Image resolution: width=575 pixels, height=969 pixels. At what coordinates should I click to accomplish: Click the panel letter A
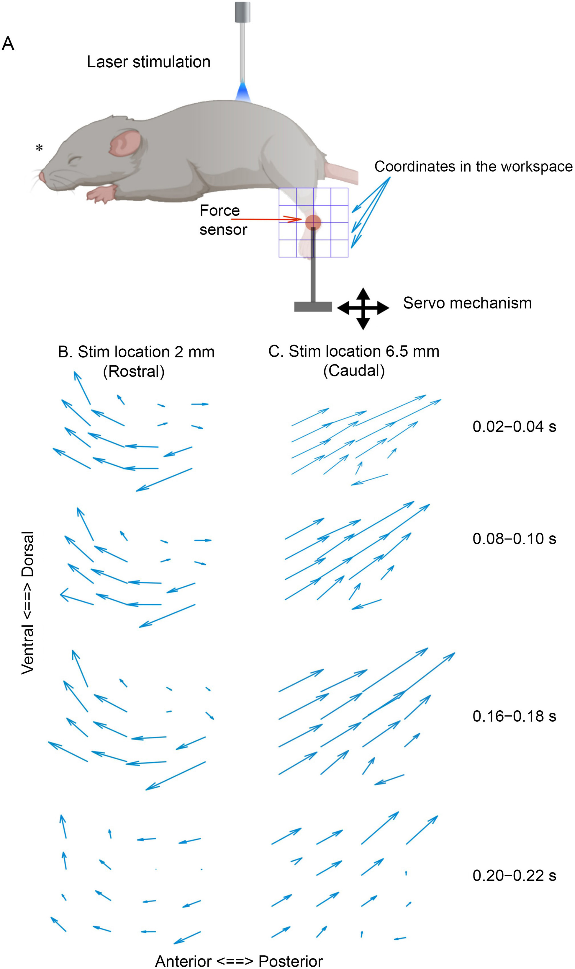pyautogui.click(x=8, y=43)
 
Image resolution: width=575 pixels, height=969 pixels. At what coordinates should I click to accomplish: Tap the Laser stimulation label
pyautogui.click(x=148, y=62)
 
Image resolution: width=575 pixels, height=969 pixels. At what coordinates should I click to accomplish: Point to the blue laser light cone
pyautogui.click(x=243, y=92)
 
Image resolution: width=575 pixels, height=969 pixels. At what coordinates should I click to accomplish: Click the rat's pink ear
pyautogui.click(x=125, y=143)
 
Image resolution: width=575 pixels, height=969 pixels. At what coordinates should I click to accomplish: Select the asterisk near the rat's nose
pyautogui.click(x=39, y=148)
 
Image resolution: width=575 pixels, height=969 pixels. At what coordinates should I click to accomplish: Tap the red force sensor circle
pyautogui.click(x=313, y=223)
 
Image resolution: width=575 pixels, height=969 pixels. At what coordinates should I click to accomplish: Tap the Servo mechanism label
pyautogui.click(x=467, y=303)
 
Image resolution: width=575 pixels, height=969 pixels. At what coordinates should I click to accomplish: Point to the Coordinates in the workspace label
pyautogui.click(x=474, y=166)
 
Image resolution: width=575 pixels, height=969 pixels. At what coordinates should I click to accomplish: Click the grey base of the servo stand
pyautogui.click(x=313, y=307)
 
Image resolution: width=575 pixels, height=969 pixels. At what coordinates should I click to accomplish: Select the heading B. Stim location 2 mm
pyautogui.click(x=136, y=352)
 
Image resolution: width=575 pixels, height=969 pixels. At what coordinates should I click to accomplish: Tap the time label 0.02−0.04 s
pyautogui.click(x=514, y=427)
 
